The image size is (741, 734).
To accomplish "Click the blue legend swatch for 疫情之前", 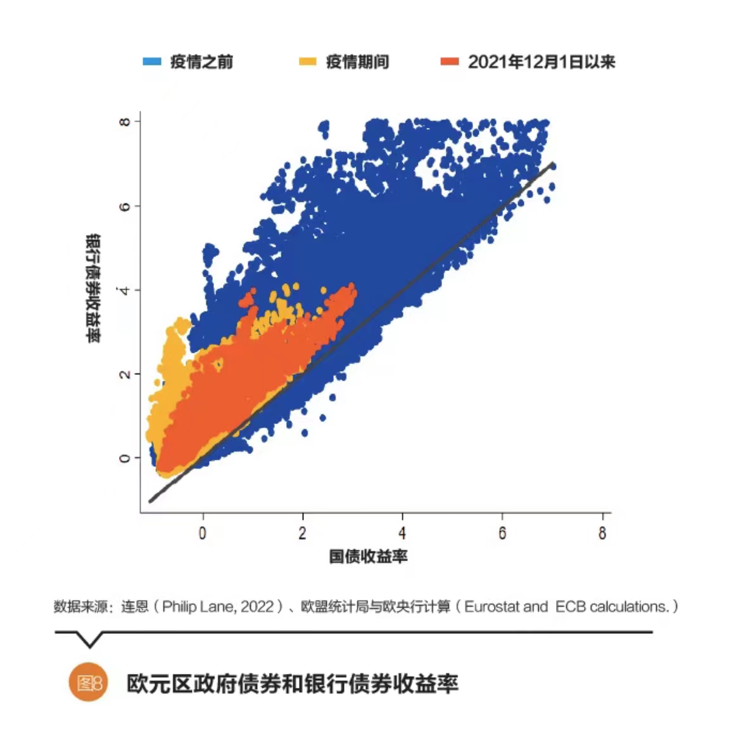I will click(x=152, y=61).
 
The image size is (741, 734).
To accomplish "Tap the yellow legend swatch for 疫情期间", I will click(x=307, y=61).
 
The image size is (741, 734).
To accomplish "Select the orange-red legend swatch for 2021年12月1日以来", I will click(x=450, y=61).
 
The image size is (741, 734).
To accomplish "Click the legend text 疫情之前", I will click(x=201, y=61).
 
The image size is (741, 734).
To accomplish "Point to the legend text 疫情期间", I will click(x=357, y=61).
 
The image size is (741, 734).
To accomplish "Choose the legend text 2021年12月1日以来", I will click(x=541, y=61).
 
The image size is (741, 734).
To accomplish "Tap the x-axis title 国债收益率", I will click(x=368, y=556).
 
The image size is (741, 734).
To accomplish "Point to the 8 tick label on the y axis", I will click(x=125, y=121).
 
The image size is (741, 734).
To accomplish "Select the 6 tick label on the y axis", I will click(x=125, y=206).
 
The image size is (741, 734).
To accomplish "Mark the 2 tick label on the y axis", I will click(x=125, y=374).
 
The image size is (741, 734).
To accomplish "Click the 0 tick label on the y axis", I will click(x=125, y=458).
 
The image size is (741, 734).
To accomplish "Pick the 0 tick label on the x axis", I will click(x=203, y=533).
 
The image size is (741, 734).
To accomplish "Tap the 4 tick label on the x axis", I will click(x=402, y=533).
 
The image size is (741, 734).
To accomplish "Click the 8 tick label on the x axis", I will click(x=602, y=533).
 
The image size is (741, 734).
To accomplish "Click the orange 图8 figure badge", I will click(x=89, y=683).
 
